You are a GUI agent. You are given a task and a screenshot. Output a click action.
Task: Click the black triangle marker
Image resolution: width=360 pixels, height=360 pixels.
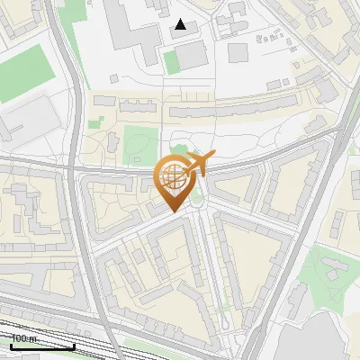[x=181, y=24]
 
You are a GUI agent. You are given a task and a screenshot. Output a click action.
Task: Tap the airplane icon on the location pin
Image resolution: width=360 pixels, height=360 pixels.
[x=197, y=165]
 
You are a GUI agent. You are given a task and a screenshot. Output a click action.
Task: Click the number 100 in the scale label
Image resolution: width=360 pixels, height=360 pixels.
[x=18, y=339]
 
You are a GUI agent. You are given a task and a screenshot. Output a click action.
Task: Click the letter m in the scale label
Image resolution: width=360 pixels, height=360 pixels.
[x=32, y=339]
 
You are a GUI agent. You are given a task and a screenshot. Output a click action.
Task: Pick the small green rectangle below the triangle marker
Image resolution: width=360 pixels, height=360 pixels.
[x=171, y=62]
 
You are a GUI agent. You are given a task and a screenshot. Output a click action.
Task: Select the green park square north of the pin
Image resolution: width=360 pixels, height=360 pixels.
[x=138, y=144]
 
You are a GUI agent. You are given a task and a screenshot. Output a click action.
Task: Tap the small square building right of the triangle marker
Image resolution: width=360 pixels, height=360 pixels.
[x=237, y=51]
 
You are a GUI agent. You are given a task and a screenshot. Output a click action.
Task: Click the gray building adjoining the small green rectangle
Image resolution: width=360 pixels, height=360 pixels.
[x=191, y=56]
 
